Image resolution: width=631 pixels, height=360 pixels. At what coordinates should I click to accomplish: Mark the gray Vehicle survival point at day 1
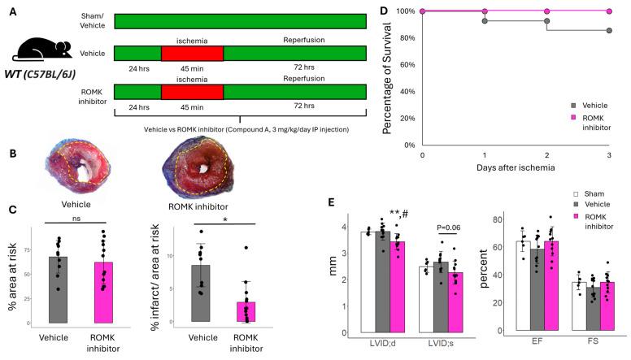point(485,21)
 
